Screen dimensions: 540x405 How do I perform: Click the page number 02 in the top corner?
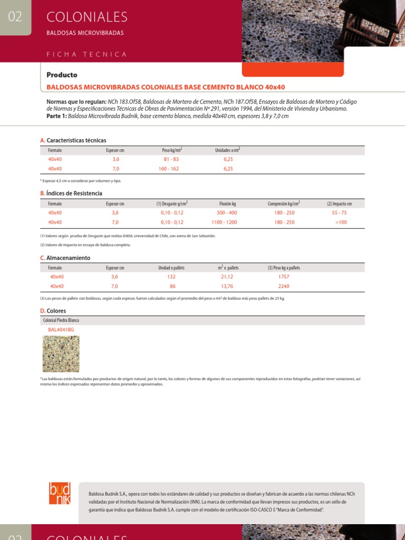click(15, 17)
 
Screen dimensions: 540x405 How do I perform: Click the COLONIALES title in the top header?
click(87, 17)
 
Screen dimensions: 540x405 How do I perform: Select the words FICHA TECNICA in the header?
click(86, 54)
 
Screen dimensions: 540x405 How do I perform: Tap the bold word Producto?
click(62, 75)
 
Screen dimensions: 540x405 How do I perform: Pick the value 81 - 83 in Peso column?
click(171, 159)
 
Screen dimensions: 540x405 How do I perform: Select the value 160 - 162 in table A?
click(171, 169)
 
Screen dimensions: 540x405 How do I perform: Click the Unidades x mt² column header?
click(228, 150)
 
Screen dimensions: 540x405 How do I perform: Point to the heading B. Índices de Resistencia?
click(71, 194)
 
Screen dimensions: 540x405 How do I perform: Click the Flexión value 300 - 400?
click(227, 213)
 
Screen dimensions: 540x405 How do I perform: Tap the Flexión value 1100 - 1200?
click(224, 223)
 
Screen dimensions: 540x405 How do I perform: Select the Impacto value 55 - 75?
click(339, 213)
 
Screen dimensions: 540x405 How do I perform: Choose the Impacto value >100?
click(341, 223)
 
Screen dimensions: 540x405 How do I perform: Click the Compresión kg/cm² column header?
click(284, 204)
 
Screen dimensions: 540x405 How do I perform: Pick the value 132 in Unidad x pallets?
click(171, 277)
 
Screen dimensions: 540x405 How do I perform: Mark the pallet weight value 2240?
click(284, 286)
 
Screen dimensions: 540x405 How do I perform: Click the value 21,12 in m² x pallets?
click(227, 277)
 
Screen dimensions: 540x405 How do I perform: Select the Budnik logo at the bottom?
click(59, 494)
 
